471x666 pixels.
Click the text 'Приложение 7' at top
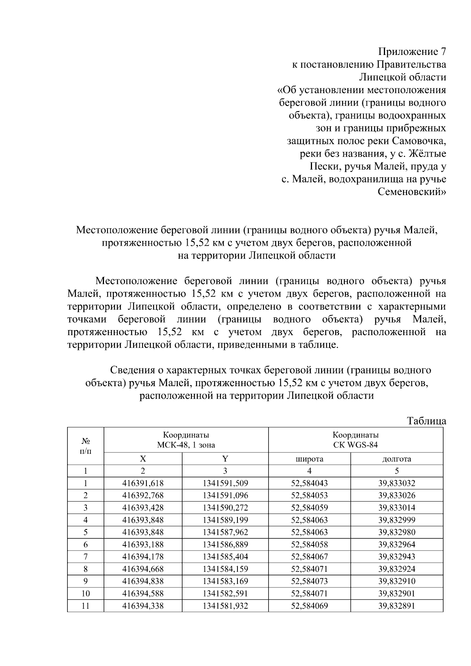412,51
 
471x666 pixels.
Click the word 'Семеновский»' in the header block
412,192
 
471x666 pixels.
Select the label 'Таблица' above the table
427,421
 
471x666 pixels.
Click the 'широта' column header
309,459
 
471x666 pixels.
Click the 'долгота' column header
396,459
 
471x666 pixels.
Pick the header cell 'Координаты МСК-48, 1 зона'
186,440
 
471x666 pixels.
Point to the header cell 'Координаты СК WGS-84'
356,440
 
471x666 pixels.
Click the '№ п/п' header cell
86,446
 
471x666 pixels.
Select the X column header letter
143,459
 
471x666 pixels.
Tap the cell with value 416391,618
143,483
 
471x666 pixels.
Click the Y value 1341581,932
225,606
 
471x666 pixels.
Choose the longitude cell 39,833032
396,483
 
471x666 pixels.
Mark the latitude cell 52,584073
309,581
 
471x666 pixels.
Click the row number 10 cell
86,593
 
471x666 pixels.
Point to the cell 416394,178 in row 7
143,557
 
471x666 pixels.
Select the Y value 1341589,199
225,520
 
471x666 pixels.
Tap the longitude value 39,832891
396,606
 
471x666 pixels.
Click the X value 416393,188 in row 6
143,544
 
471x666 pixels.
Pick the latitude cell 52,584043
309,483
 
